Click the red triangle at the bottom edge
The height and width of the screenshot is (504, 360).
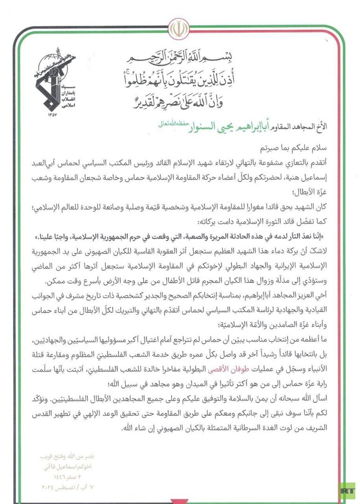click(x=180, y=501)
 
